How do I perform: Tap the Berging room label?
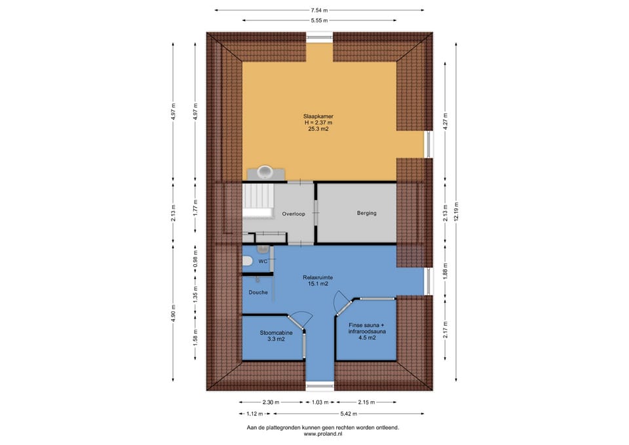[367, 213]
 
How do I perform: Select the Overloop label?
[294, 214]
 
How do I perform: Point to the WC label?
[263, 261]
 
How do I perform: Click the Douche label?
[258, 292]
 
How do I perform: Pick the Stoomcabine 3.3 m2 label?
[276, 336]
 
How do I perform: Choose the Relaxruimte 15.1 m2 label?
[318, 281]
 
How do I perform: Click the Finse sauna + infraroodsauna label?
[367, 332]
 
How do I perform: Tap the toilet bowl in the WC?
[247, 261]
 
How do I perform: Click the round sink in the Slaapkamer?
[265, 172]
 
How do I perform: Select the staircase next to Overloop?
[257, 201]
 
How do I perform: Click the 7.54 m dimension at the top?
[319, 10]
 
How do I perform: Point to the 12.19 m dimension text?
[457, 212]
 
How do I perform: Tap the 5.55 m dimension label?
[319, 20]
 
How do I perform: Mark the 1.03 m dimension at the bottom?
[320, 402]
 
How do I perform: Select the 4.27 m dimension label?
[446, 121]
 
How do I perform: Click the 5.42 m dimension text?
[349, 414]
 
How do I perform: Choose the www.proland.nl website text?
[323, 434]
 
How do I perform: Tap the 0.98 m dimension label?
[196, 259]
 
